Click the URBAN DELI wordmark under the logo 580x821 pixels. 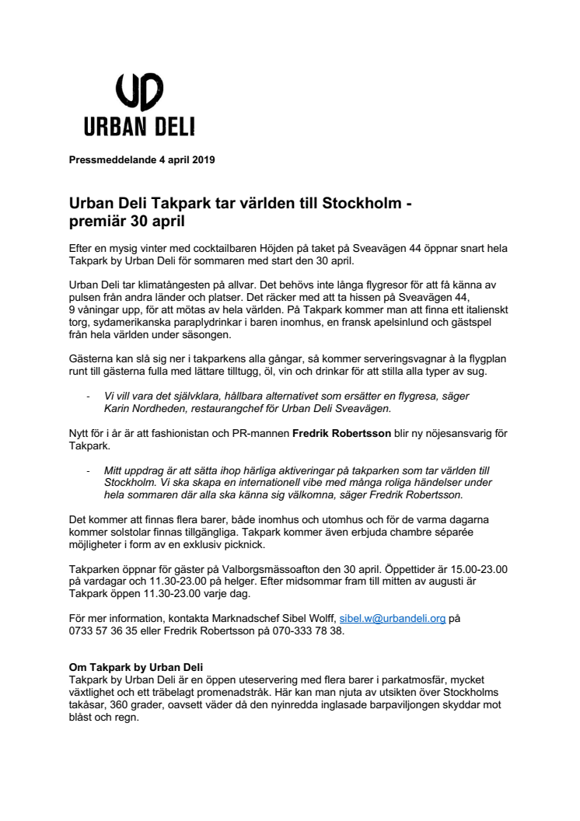point(139,127)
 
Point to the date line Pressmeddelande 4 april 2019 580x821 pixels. point(142,160)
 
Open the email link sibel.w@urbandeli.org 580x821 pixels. point(393,620)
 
